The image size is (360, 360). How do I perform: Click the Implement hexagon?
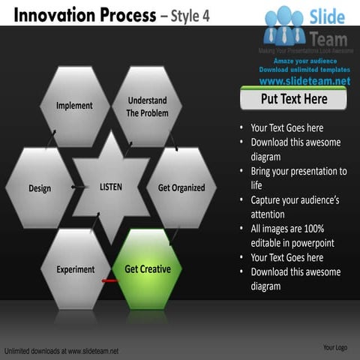[74, 106]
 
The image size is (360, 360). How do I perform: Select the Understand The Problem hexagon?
[147, 106]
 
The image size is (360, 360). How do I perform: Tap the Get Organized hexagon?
[181, 187]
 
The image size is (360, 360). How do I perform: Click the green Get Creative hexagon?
[147, 269]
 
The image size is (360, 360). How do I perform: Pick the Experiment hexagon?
[75, 269]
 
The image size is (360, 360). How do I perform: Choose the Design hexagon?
[40, 187]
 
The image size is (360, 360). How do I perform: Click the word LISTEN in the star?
[111, 186]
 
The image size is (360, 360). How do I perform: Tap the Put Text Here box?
[294, 99]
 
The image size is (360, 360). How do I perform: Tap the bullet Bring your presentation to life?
[298, 178]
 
